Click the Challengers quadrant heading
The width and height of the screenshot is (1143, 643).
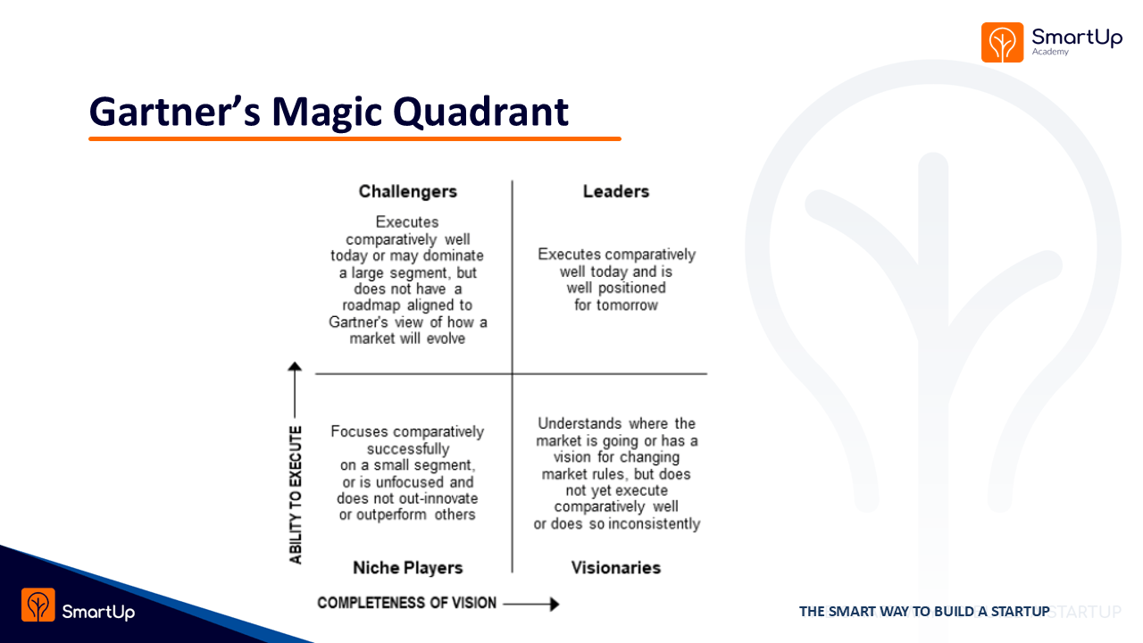pyautogui.click(x=408, y=191)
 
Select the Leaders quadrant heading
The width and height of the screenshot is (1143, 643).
pyautogui.click(x=616, y=191)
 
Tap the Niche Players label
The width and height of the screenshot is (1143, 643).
pyautogui.click(x=408, y=567)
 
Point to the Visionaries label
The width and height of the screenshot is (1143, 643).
pyautogui.click(x=616, y=567)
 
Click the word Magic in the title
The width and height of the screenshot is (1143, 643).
pyautogui.click(x=327, y=113)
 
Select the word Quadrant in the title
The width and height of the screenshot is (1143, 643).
pyautogui.click(x=480, y=113)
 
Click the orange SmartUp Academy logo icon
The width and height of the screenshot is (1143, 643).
pyautogui.click(x=1002, y=42)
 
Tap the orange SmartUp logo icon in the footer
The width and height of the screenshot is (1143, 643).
pyautogui.click(x=38, y=605)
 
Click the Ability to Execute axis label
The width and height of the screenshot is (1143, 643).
pyautogui.click(x=296, y=495)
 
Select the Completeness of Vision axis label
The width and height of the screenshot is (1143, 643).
pyautogui.click(x=406, y=603)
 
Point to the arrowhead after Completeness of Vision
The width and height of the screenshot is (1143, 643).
pyautogui.click(x=555, y=604)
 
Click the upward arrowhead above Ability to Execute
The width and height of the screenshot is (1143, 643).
pyautogui.click(x=295, y=366)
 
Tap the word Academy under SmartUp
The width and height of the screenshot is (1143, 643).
pyautogui.click(x=1050, y=52)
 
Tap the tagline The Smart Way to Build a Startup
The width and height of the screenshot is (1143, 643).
pyautogui.click(x=924, y=612)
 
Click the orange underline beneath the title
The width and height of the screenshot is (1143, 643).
pyautogui.click(x=355, y=138)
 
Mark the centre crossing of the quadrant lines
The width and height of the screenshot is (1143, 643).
pyautogui.click(x=513, y=373)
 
